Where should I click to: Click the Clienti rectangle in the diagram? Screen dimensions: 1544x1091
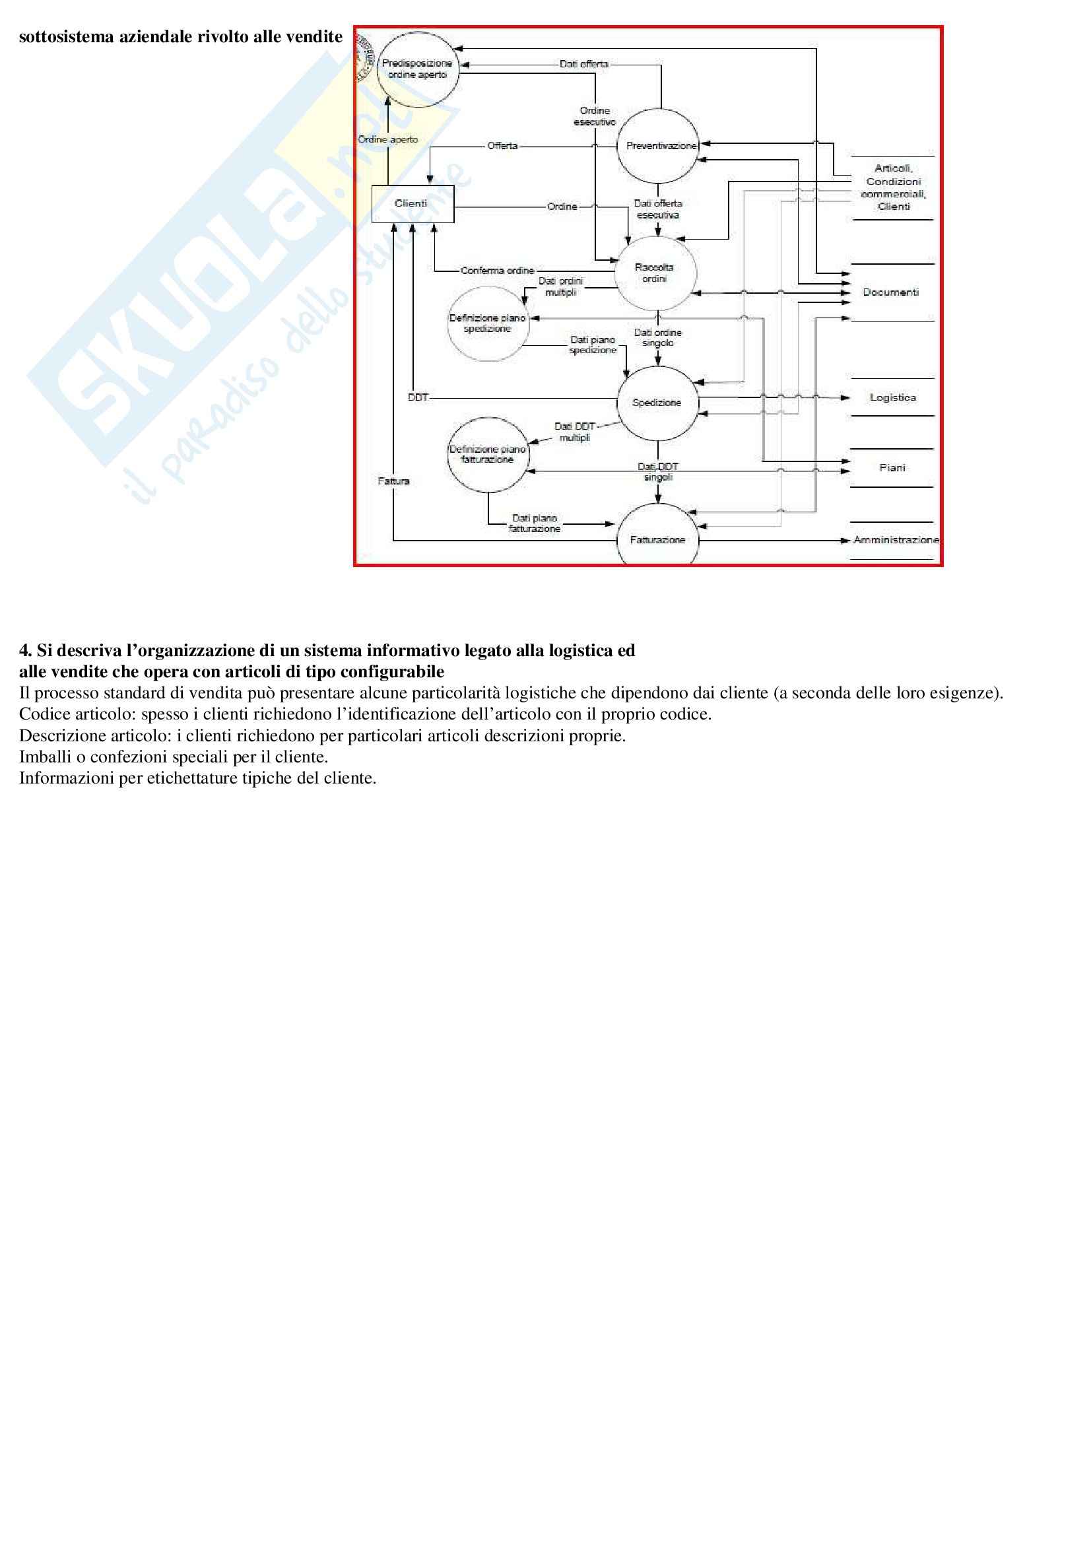point(412,204)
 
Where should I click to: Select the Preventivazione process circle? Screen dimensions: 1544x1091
point(657,146)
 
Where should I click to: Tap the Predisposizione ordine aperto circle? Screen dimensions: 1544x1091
point(416,69)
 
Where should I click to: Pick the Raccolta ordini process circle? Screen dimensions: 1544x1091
point(655,273)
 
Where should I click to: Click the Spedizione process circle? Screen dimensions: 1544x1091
point(657,403)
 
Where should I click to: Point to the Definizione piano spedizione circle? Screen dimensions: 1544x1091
point(487,323)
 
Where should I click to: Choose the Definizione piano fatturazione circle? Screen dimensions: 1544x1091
point(487,455)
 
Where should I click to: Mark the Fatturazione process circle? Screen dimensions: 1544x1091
point(657,540)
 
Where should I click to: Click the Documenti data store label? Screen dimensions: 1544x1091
point(890,292)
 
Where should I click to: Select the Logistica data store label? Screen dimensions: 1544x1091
point(893,397)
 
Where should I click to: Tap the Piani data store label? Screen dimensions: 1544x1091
point(892,468)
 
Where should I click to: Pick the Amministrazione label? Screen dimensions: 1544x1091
point(896,540)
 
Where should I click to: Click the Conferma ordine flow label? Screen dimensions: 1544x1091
point(498,271)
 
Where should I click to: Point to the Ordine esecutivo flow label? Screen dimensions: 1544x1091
point(595,116)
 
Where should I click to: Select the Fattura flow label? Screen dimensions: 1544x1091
point(394,481)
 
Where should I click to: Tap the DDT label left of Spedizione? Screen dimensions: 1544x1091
point(418,397)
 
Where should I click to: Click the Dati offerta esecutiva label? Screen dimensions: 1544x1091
point(658,209)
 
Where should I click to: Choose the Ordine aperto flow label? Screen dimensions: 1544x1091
point(388,140)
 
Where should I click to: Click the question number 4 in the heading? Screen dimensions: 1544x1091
point(25,650)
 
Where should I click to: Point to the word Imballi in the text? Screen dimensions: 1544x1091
point(42,757)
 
